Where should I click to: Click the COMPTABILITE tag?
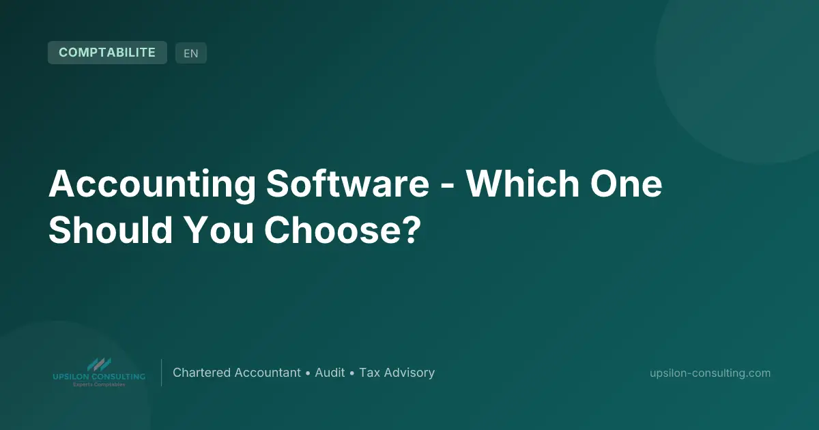(107, 53)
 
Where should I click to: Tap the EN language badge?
(191, 53)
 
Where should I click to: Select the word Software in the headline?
(348, 185)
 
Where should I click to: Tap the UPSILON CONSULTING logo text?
(99, 377)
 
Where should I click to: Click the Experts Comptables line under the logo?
(99, 385)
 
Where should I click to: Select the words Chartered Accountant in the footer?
(237, 373)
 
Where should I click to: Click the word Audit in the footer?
(330, 373)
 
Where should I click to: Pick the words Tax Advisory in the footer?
(397, 373)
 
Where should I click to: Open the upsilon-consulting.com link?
(710, 373)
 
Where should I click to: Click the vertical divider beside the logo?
(162, 373)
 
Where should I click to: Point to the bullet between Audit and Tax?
(352, 373)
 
